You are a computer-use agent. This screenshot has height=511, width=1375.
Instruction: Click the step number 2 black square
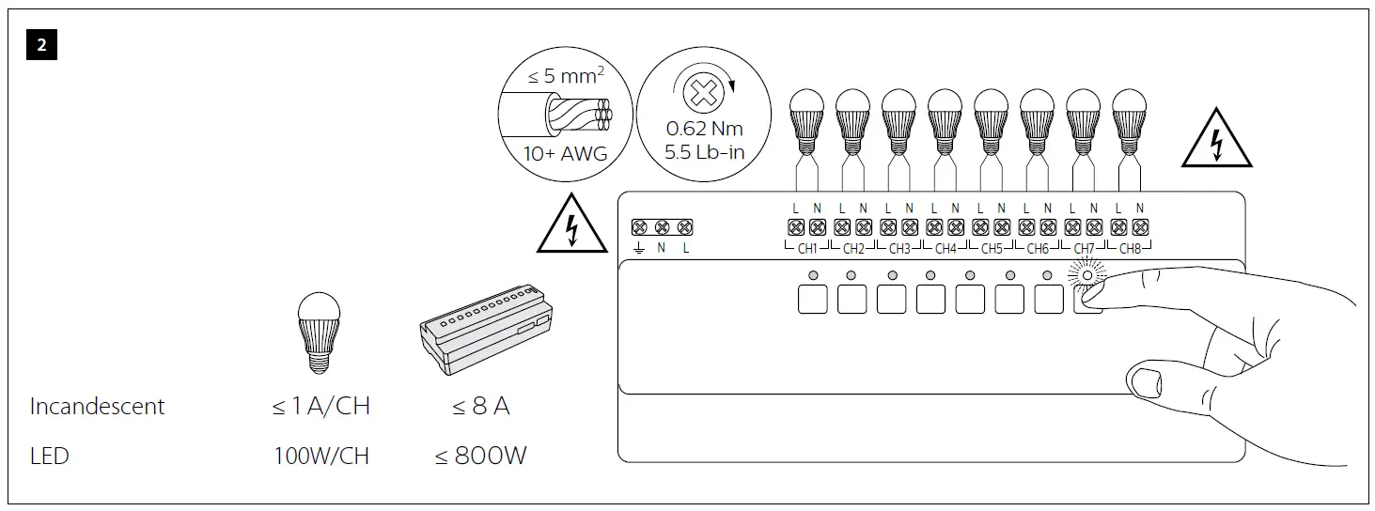pyautogui.click(x=41, y=45)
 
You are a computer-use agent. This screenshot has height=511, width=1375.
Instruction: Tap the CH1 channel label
pyautogui.click(x=806, y=249)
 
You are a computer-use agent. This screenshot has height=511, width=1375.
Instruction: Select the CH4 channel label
pyautogui.click(x=945, y=249)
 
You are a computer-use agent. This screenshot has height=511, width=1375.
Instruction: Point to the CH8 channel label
pyautogui.click(x=1130, y=249)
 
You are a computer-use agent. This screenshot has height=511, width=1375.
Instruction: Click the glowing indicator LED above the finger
pyautogui.click(x=1087, y=276)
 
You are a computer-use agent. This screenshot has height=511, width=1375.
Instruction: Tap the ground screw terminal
pyautogui.click(x=639, y=228)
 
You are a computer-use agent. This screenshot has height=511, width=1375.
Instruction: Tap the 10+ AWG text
pyautogui.click(x=564, y=152)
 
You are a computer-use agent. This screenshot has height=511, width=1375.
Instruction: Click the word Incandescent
pyautogui.click(x=97, y=407)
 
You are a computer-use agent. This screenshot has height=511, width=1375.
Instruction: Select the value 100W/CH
pyautogui.click(x=321, y=457)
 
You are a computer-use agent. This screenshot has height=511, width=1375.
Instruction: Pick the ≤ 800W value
pyautogui.click(x=480, y=457)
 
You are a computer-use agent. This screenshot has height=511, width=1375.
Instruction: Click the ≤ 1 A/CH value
pyautogui.click(x=321, y=407)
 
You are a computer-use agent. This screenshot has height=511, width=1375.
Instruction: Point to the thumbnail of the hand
pyautogui.click(x=1144, y=382)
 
